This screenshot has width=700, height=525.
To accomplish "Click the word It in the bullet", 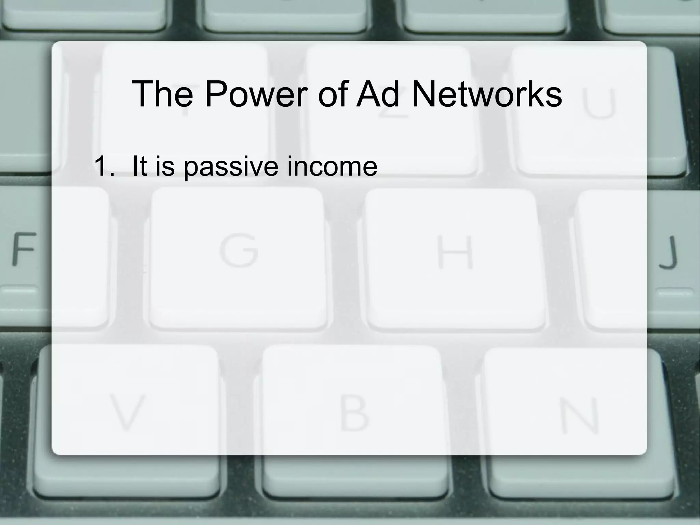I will tap(139, 166).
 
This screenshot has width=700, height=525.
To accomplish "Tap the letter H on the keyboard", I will tap(456, 252).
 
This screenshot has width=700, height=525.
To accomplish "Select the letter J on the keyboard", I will tap(668, 252).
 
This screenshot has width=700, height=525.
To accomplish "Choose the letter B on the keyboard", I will tap(354, 412).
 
